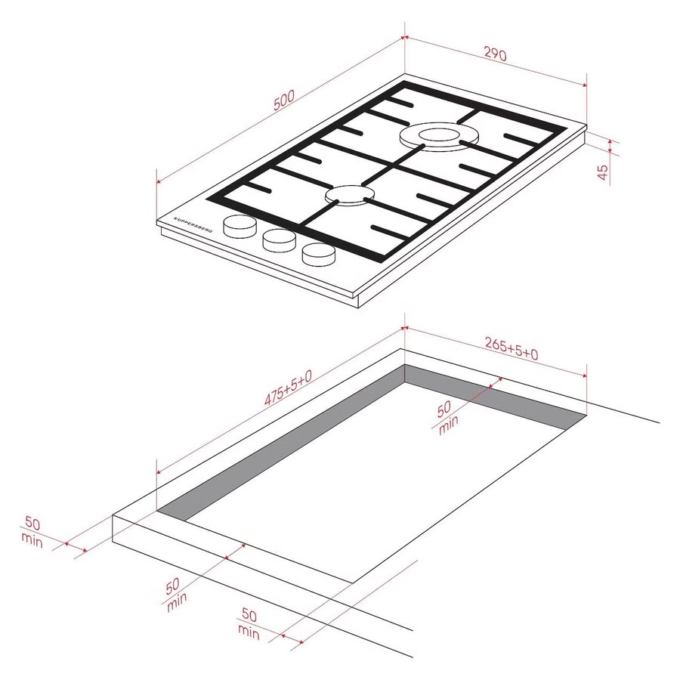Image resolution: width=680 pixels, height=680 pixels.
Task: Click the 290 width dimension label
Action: pyautogui.click(x=495, y=54)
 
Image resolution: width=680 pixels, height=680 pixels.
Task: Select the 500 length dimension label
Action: pyautogui.click(x=284, y=100)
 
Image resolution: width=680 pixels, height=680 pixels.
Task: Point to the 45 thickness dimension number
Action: pyautogui.click(x=603, y=172)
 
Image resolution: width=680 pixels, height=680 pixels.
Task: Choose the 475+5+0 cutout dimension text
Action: pyautogui.click(x=288, y=388)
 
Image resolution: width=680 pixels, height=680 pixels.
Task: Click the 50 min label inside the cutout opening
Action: pyautogui.click(x=447, y=417)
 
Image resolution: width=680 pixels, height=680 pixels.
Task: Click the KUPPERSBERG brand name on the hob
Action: pyautogui.click(x=193, y=224)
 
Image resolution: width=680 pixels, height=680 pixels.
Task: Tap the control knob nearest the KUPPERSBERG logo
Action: pyautogui.click(x=240, y=227)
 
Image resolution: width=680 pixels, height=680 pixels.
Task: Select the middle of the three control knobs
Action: pyautogui.click(x=280, y=240)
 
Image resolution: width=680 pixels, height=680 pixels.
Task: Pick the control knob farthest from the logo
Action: pyautogui.click(x=319, y=254)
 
